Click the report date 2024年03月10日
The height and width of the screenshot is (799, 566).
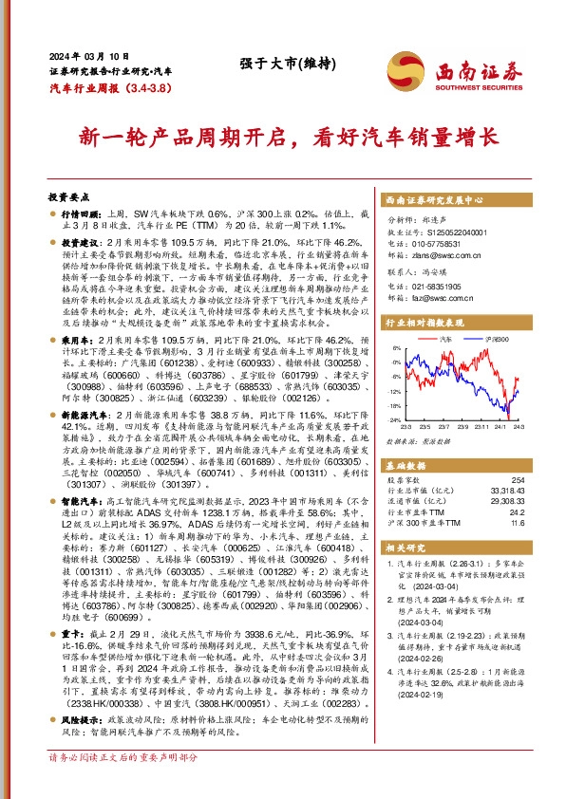[81, 56]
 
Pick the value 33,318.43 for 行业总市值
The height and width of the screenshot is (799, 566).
[506, 492]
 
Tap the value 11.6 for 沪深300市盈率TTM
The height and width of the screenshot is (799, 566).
[517, 522]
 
